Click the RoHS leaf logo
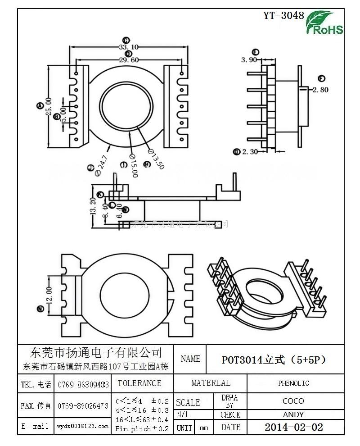click(324, 23)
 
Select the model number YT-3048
click(283, 15)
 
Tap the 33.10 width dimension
click(128, 47)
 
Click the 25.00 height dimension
click(48, 106)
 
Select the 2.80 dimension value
click(321, 90)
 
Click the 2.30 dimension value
click(250, 152)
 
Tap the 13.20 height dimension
click(93, 205)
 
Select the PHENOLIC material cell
click(293, 383)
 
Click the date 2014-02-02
click(293, 427)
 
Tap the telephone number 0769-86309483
click(83, 385)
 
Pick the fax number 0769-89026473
click(83, 406)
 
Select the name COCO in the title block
click(293, 401)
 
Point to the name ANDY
click(293, 414)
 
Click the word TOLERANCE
click(139, 383)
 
